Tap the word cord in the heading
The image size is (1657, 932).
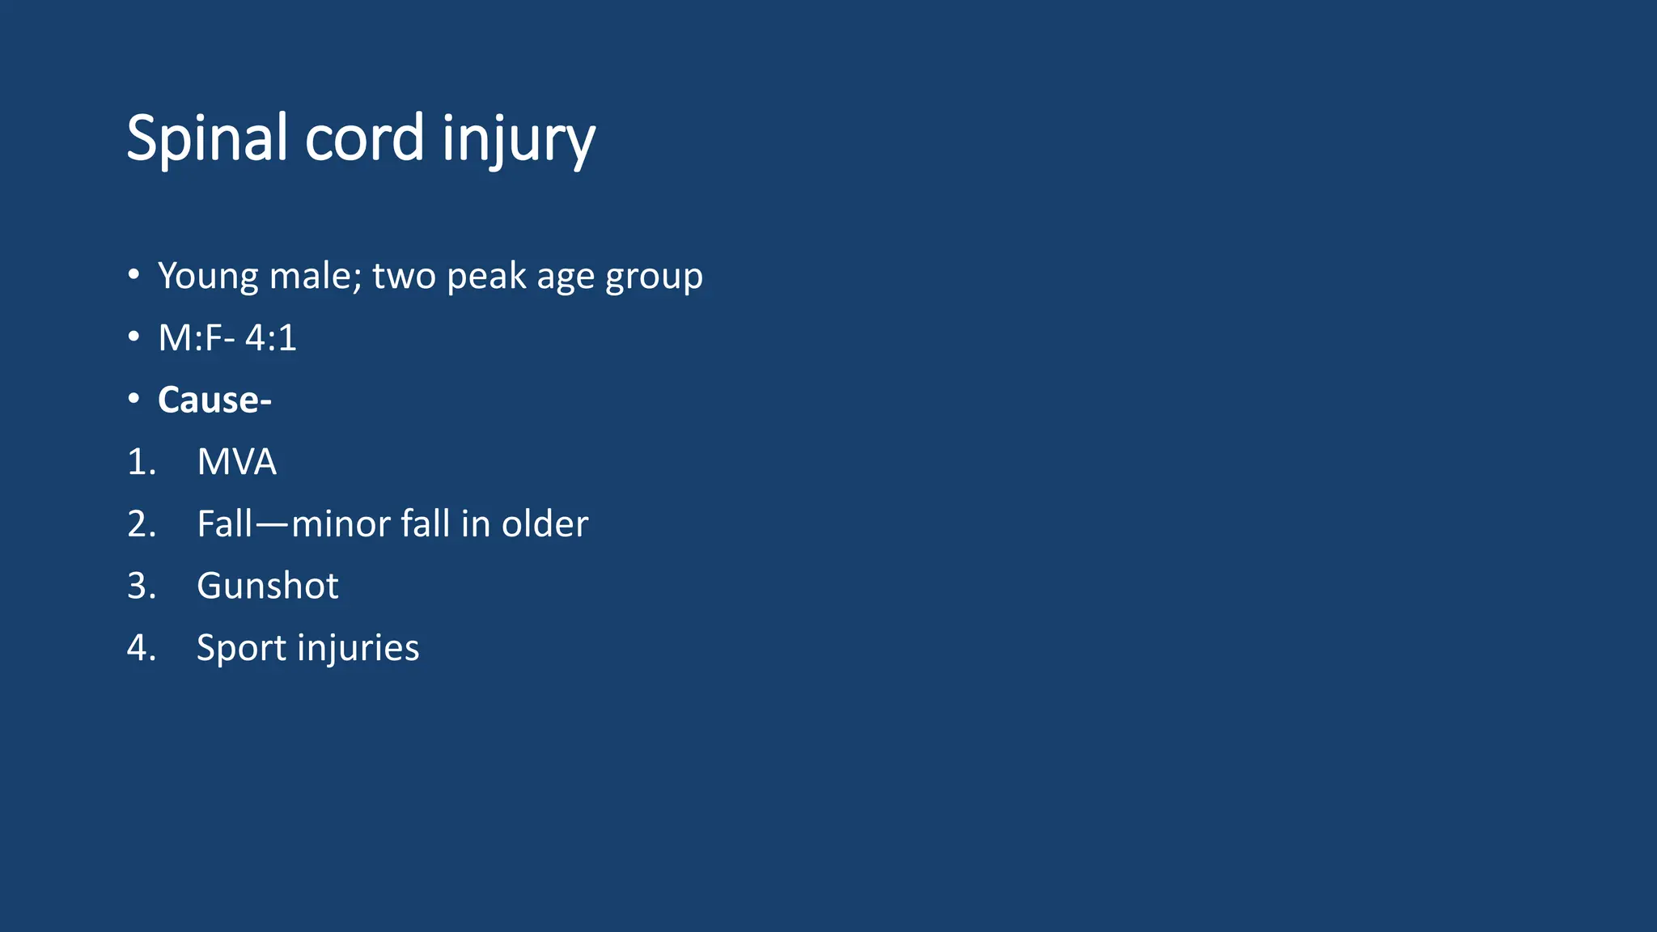[x=364, y=138]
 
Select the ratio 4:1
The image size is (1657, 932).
[x=271, y=337]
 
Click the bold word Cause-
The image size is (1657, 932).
[x=214, y=400]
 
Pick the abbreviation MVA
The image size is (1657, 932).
[x=236, y=462]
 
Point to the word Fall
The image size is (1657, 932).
[x=225, y=524]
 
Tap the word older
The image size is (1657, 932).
[x=545, y=524]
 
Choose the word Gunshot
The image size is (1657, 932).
[x=267, y=586]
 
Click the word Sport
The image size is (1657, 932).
[x=241, y=648]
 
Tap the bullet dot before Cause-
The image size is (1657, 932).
[x=134, y=399]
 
